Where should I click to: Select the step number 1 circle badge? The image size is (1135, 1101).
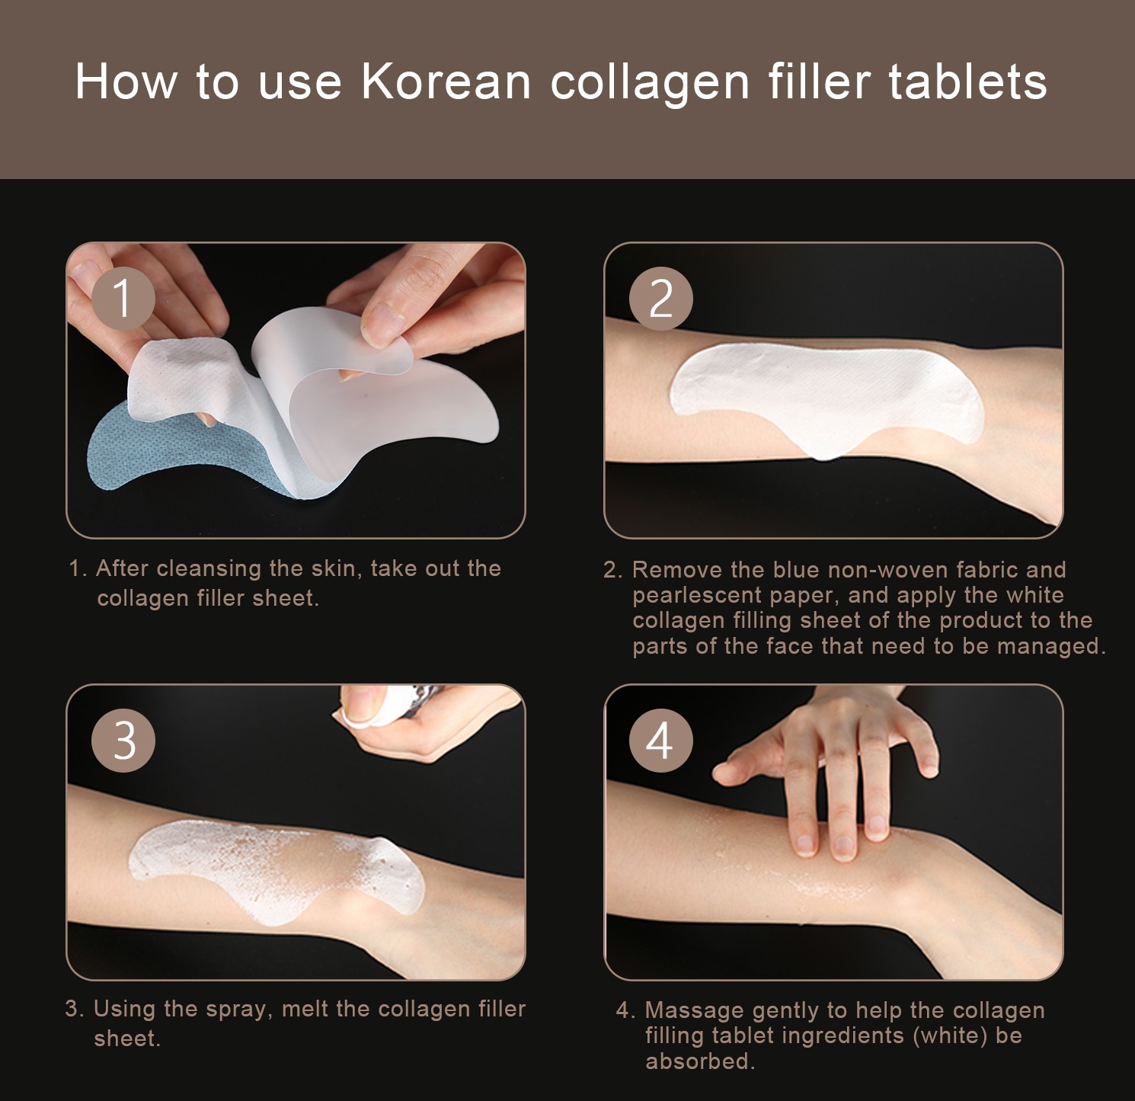click(123, 298)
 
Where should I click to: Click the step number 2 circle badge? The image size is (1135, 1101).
click(661, 298)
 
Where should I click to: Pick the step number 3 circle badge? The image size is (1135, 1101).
click(123, 740)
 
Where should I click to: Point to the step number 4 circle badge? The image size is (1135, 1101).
click(661, 740)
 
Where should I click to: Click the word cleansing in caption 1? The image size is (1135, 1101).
click(209, 568)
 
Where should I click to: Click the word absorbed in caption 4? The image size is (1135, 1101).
click(700, 1061)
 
